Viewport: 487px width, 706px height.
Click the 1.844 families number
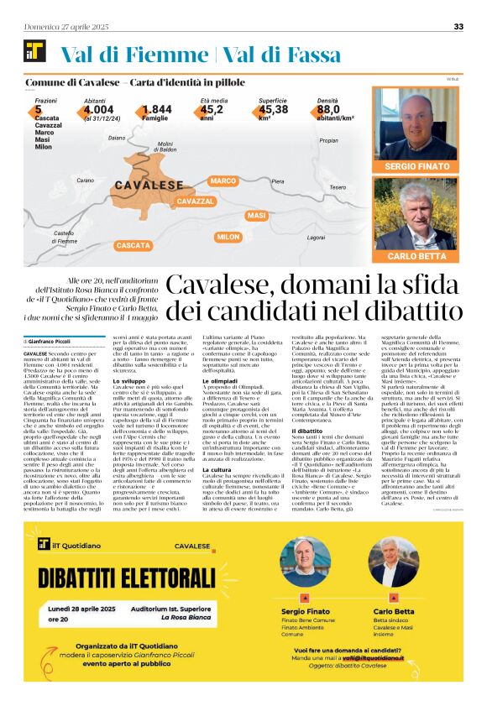click(x=156, y=109)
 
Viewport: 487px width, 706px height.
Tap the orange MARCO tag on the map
click(x=223, y=181)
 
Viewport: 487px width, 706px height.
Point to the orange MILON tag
click(x=228, y=238)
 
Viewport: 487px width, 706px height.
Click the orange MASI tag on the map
click(x=256, y=217)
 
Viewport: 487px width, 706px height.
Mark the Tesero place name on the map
click(x=338, y=187)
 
